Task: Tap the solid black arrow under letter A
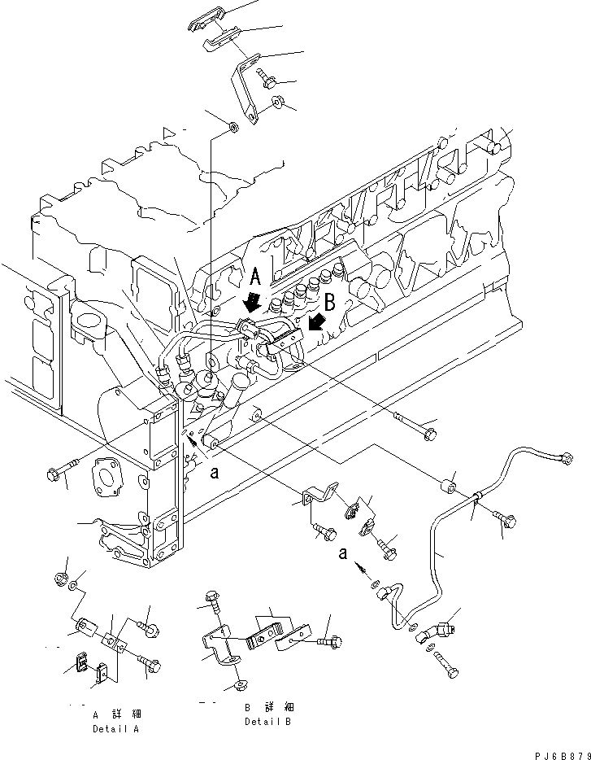pos(254,304)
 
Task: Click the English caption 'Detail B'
pos(267,722)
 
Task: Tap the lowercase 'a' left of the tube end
pos(345,554)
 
